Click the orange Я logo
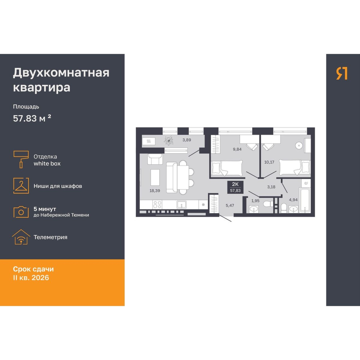click(x=342, y=73)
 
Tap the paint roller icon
click(x=21, y=159)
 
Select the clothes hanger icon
click(x=21, y=185)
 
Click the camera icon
click(x=21, y=212)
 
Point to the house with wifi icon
click(x=21, y=237)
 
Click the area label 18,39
click(x=155, y=190)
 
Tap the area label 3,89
click(x=187, y=140)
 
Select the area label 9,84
click(x=237, y=149)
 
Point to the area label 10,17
click(x=269, y=162)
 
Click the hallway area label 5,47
click(x=230, y=205)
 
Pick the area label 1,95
click(x=255, y=201)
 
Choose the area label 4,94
click(x=293, y=200)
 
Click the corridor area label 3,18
click(x=271, y=187)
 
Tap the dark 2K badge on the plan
click(x=235, y=187)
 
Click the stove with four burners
click(x=157, y=205)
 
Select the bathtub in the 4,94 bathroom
click(x=304, y=200)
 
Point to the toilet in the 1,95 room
click(x=267, y=204)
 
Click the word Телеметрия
click(x=50, y=237)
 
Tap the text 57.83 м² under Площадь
click(x=32, y=118)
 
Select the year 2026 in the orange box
click(x=40, y=277)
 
